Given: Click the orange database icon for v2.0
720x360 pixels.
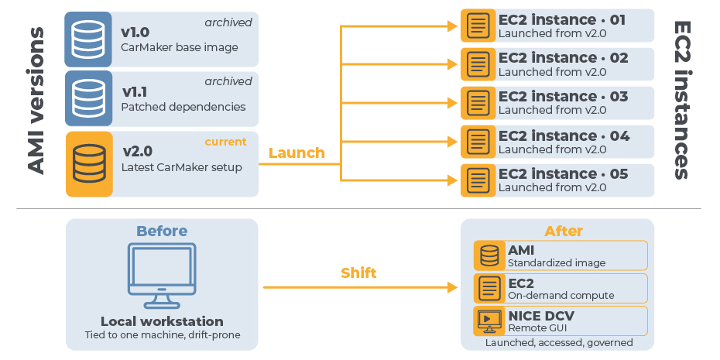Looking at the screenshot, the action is click(89, 163).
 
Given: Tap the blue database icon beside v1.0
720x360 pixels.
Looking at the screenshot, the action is click(88, 39).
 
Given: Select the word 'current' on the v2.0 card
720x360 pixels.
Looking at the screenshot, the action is click(225, 142).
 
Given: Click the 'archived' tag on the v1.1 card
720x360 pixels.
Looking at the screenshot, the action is click(228, 81).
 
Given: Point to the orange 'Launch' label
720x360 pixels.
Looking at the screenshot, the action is click(297, 153).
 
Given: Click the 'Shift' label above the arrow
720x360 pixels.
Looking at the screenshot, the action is click(358, 273).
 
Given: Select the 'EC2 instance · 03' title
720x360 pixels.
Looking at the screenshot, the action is click(564, 97).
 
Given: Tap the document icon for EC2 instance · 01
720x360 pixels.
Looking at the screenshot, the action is click(478, 26).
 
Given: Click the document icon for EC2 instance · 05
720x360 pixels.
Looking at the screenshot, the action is click(478, 180).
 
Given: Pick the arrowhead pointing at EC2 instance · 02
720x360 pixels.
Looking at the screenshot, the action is click(452, 65).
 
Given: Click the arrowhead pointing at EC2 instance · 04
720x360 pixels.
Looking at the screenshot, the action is click(452, 142).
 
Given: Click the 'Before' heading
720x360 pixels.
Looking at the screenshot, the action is click(162, 231).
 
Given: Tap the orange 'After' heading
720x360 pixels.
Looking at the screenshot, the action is click(564, 231).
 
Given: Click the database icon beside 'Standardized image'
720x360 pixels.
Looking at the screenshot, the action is click(489, 255).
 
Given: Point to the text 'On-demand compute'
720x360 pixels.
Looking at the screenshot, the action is click(561, 295).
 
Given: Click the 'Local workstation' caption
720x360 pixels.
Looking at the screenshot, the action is click(162, 321).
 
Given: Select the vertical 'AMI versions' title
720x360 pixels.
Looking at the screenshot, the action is click(36, 101).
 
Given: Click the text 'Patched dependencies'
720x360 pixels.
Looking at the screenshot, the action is click(183, 107).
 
